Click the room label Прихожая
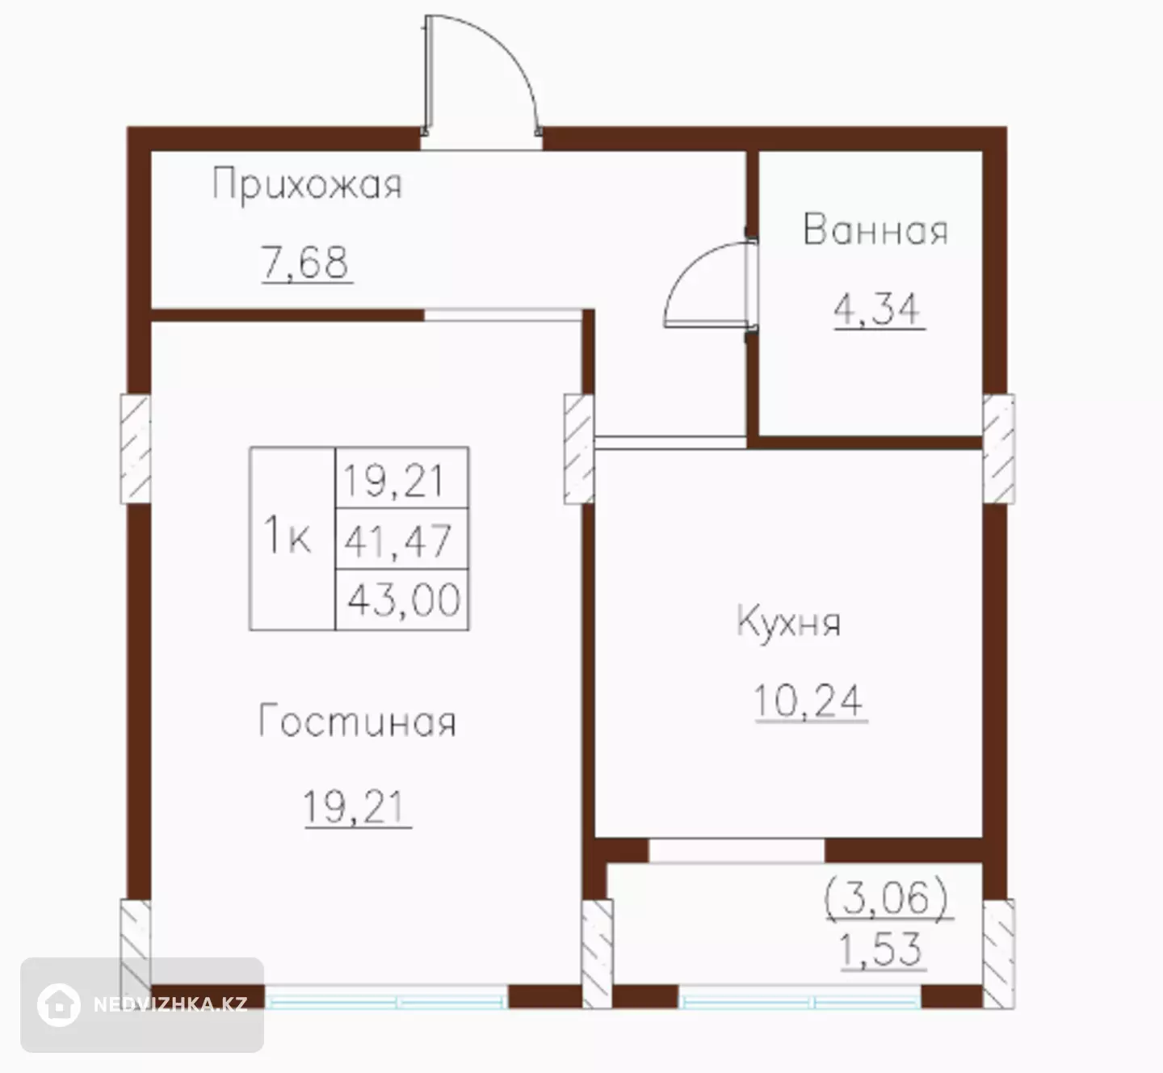[307, 184]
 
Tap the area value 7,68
[305, 263]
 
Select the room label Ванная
[875, 229]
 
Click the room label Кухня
[788, 623]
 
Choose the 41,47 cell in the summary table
[401, 539]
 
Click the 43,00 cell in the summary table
[401, 600]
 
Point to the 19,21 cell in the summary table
[401, 478]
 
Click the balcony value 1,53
[881, 949]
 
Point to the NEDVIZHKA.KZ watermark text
[170, 1004]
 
